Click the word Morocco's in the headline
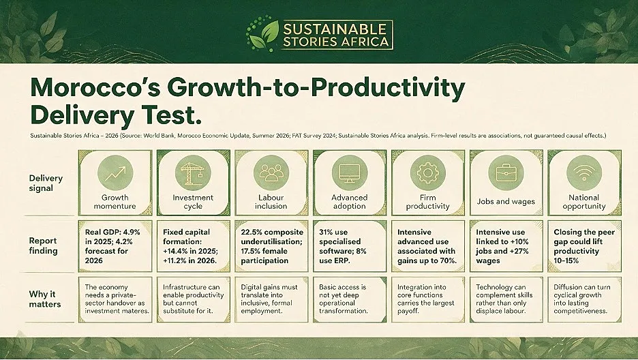(x=95, y=87)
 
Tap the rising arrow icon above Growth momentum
(x=115, y=173)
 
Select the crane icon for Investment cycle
(x=193, y=173)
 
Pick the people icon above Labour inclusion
(x=271, y=173)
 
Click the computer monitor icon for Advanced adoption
(x=350, y=173)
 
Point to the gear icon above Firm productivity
(x=427, y=173)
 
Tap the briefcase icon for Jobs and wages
(x=506, y=173)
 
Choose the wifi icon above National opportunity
(x=584, y=173)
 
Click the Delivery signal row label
(x=46, y=183)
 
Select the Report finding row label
(x=43, y=245)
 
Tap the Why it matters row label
(x=45, y=299)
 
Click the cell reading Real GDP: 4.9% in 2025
(x=115, y=246)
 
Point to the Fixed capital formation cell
(x=194, y=246)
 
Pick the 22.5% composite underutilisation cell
(x=271, y=246)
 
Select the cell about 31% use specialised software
(x=350, y=246)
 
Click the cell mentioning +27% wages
(x=506, y=246)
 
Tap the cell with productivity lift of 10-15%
(x=584, y=246)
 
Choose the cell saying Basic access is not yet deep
(x=350, y=299)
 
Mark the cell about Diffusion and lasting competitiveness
(x=584, y=299)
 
